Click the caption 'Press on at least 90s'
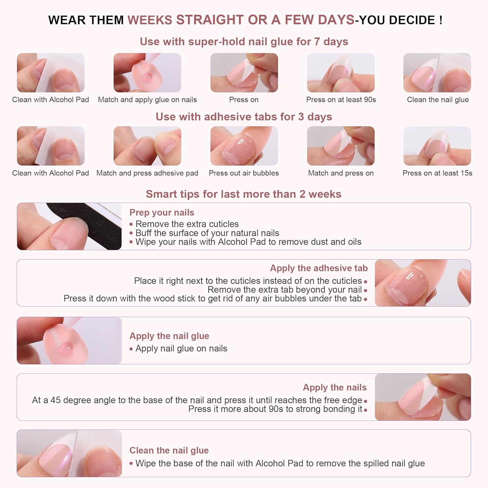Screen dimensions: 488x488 (x=341, y=100)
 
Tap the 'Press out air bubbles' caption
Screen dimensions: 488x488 (x=244, y=173)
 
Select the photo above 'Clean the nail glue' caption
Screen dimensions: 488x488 (x=437, y=73)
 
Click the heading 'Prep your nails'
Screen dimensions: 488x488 (x=162, y=212)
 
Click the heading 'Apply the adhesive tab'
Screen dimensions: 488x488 (x=319, y=268)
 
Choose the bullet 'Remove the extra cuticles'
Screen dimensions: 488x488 (x=187, y=224)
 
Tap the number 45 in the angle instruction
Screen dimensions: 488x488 (x=55, y=400)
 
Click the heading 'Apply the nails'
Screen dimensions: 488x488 (x=334, y=387)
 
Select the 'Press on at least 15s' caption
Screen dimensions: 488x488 (x=437, y=173)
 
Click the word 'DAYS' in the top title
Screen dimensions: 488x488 (x=336, y=20)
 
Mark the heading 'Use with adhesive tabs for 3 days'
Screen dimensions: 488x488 (x=244, y=117)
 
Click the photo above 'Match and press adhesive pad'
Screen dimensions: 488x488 (x=147, y=146)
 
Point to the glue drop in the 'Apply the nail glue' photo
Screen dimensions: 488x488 (x=68, y=346)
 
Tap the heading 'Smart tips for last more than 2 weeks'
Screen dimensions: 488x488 (x=243, y=194)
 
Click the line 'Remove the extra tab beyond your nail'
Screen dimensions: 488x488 (x=284, y=290)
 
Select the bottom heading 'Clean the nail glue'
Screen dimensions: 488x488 (x=169, y=450)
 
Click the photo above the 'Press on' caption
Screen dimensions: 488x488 (x=244, y=73)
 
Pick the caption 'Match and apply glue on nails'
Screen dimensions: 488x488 (x=147, y=100)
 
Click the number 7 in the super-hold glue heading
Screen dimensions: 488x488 (x=317, y=42)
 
